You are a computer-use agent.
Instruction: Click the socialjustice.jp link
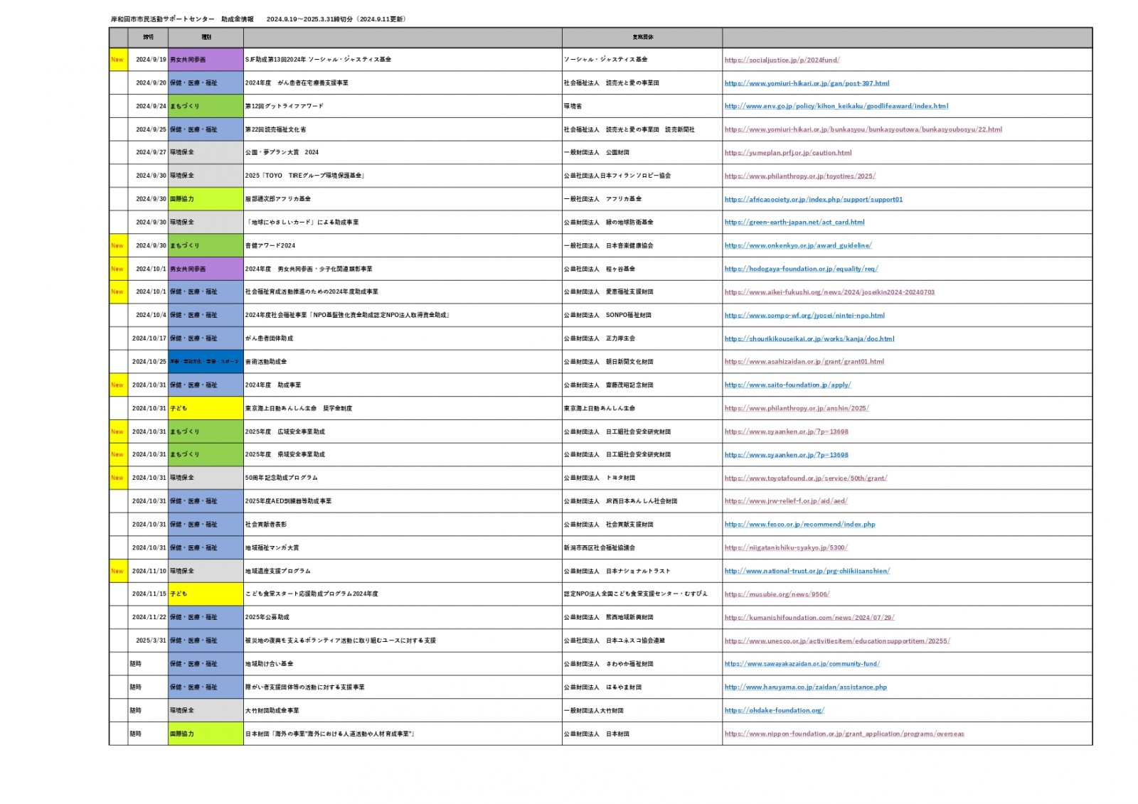point(782,60)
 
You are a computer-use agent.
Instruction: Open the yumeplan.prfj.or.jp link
point(787,153)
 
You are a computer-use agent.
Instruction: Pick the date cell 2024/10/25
point(149,362)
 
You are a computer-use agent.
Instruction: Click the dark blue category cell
point(205,362)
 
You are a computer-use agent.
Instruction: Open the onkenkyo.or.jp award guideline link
point(797,246)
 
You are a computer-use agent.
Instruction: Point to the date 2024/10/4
point(151,315)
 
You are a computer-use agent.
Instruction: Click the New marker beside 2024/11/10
point(117,571)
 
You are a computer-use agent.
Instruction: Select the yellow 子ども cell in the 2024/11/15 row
point(205,594)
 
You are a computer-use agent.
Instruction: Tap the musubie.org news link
point(777,594)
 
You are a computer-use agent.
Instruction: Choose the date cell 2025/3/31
point(151,640)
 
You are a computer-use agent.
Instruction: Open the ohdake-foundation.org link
point(774,710)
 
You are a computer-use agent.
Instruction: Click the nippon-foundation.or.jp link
point(844,734)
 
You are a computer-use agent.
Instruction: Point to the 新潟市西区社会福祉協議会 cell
point(600,548)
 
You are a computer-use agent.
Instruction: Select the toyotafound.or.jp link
point(805,478)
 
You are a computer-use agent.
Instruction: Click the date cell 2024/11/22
point(149,617)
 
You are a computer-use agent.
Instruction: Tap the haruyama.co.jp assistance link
point(805,687)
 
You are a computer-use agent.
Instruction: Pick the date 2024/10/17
point(149,338)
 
